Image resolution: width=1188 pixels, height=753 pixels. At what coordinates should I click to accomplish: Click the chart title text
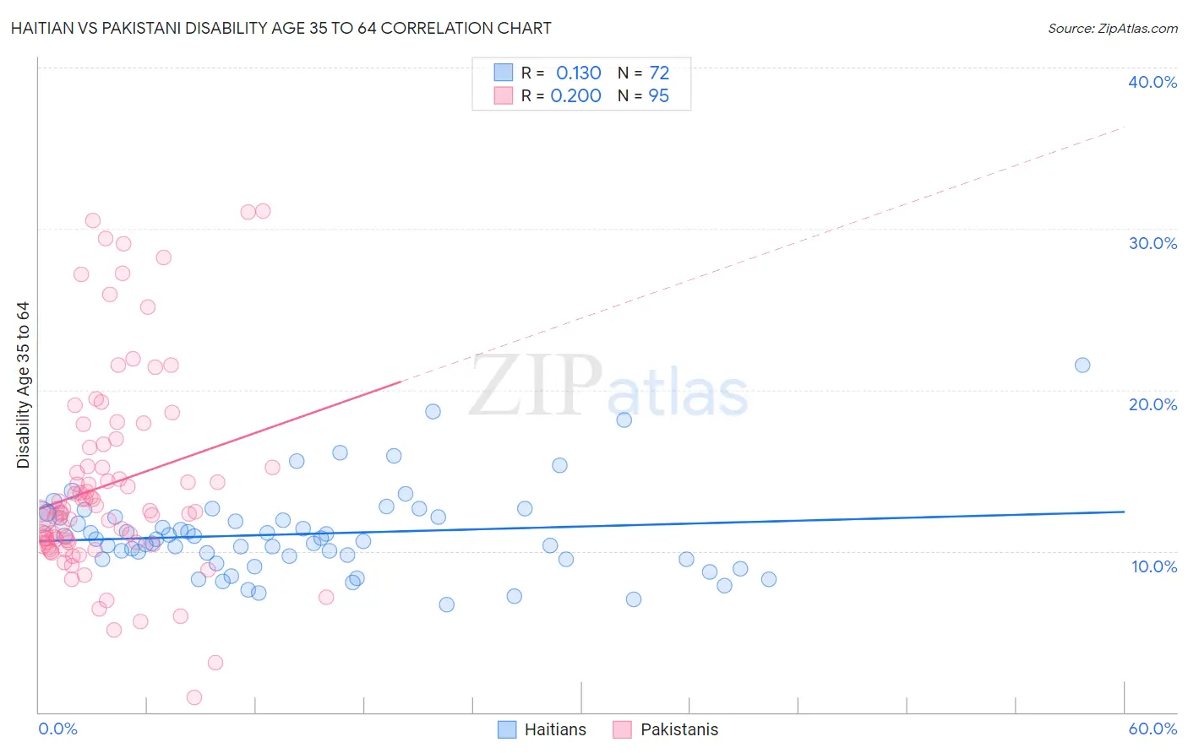click(281, 29)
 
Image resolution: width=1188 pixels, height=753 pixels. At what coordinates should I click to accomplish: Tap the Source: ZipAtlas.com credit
click(1112, 29)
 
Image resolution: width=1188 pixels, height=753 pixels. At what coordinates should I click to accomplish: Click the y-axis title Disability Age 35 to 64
click(23, 385)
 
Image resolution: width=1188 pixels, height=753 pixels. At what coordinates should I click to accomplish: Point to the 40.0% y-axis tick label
click(1153, 82)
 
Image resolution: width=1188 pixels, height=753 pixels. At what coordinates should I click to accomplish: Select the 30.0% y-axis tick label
click(1153, 243)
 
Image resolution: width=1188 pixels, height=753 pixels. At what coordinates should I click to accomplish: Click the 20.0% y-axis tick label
click(1153, 404)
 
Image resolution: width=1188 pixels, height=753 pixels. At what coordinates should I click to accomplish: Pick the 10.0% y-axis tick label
click(1154, 566)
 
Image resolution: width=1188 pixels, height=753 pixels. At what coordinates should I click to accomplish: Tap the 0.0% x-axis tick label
click(57, 729)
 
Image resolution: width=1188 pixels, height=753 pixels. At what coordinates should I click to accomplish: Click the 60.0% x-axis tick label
click(1153, 729)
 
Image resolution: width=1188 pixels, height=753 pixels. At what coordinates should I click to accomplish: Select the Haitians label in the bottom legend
click(555, 729)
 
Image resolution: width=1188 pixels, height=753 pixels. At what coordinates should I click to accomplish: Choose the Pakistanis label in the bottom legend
click(679, 729)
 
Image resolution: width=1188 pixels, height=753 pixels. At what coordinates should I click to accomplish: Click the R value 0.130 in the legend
click(579, 73)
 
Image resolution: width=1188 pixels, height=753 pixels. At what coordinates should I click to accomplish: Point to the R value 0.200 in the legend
click(576, 96)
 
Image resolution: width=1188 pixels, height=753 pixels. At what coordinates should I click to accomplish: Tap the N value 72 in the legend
click(659, 73)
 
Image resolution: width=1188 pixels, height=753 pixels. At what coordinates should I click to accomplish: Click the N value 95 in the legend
click(659, 96)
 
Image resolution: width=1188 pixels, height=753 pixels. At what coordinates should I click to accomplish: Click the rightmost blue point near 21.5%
click(1082, 366)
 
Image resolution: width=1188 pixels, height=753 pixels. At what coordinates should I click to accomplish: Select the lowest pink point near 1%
click(194, 697)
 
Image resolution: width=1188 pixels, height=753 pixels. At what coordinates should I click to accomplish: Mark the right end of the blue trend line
click(1124, 512)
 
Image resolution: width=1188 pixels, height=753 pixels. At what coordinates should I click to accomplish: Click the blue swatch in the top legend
click(504, 73)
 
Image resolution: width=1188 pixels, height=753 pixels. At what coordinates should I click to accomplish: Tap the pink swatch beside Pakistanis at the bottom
click(622, 729)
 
